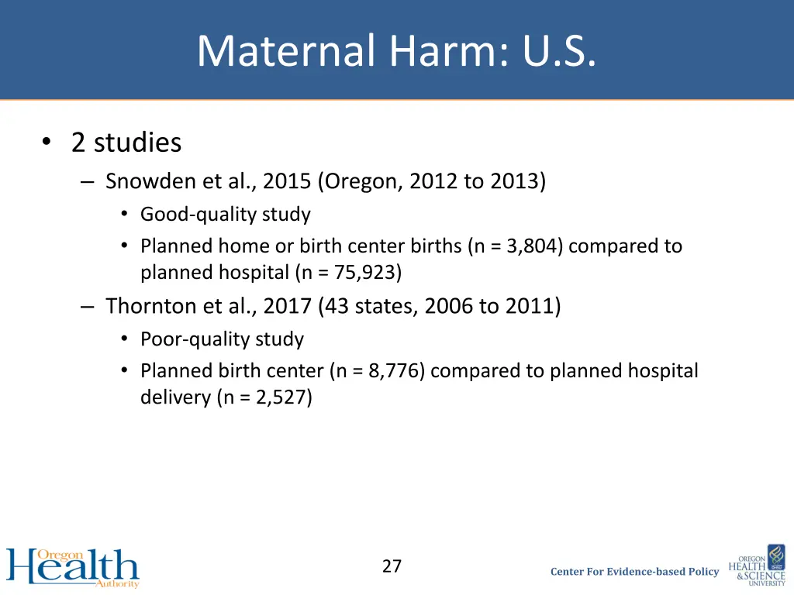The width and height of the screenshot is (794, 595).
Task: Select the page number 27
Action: point(392,566)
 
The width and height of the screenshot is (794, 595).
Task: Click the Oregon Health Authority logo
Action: point(73,568)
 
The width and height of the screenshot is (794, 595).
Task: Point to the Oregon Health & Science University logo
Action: point(757,566)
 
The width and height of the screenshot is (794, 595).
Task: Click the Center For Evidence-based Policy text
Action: point(634,572)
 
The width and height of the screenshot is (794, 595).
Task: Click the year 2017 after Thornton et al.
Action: point(288,306)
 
